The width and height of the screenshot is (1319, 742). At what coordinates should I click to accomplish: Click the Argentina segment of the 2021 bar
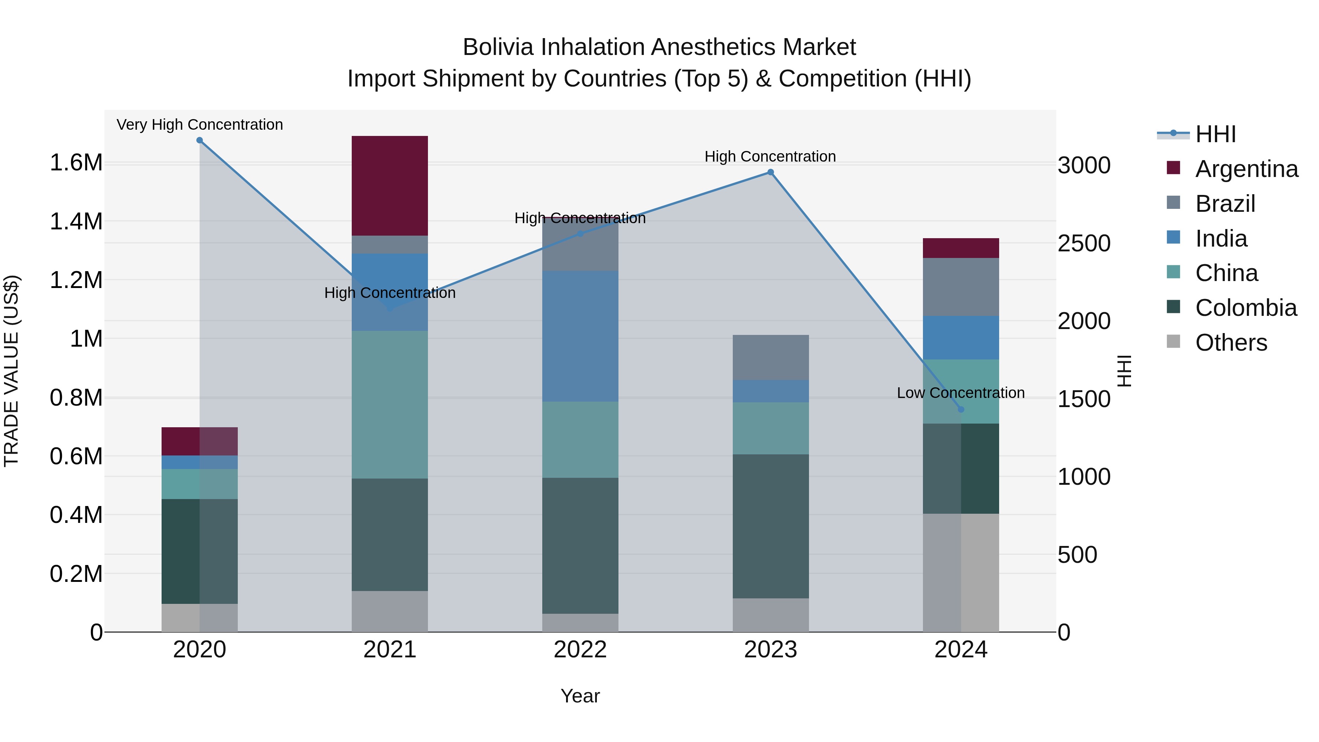[390, 185]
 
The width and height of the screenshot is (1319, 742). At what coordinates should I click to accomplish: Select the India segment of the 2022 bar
[580, 336]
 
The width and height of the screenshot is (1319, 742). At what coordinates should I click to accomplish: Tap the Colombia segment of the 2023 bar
[771, 526]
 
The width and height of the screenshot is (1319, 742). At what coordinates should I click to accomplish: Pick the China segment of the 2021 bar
[390, 405]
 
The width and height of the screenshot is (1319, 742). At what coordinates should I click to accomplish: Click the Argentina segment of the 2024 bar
[961, 248]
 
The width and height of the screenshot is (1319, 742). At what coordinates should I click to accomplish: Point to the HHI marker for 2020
[200, 140]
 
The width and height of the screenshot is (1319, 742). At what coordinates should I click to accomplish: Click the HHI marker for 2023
[771, 173]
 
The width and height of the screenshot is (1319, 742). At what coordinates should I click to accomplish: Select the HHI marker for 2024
[961, 410]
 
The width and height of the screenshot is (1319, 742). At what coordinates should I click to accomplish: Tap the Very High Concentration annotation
[200, 125]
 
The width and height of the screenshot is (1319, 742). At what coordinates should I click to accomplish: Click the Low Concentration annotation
[961, 393]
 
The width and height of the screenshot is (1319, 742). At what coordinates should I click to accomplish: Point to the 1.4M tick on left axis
[76, 222]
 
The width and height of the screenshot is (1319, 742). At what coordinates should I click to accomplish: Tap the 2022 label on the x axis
[580, 650]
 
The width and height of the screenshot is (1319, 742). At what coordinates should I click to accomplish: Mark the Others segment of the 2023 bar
[771, 615]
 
